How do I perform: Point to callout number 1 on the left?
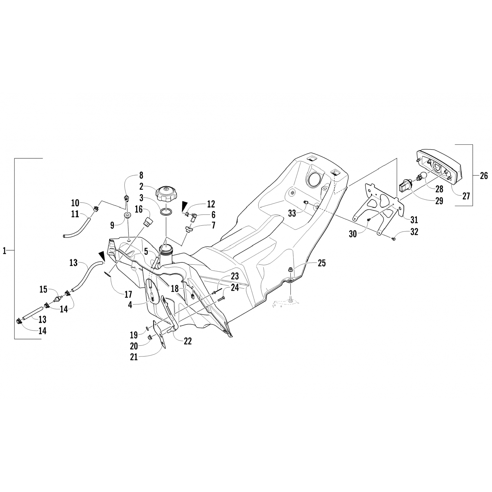[x=5, y=251]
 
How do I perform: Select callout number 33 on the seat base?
[x=292, y=213]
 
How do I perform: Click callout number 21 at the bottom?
[x=134, y=357]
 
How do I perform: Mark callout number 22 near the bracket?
[x=187, y=341]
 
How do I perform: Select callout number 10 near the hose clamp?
[x=75, y=202]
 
